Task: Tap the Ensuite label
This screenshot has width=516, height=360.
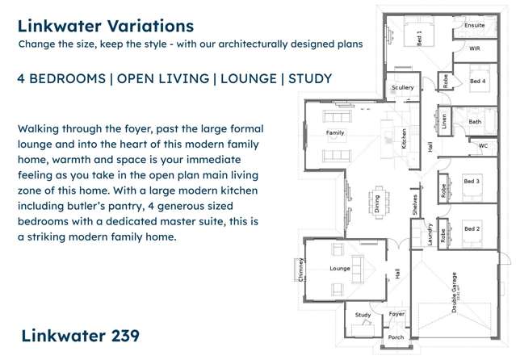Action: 475,26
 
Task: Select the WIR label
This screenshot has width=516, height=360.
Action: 476,49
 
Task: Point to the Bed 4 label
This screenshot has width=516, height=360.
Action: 477,82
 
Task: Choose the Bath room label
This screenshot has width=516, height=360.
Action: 475,122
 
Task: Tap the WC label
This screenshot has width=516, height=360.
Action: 483,146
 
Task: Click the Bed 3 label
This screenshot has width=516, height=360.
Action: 472,182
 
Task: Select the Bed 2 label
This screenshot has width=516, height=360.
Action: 472,229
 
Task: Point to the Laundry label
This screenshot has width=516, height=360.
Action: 430,235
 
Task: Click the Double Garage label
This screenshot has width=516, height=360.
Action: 454,292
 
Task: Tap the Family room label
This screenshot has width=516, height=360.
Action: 334,132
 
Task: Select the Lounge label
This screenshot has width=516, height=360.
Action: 338,268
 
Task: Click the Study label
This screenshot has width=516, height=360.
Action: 363,315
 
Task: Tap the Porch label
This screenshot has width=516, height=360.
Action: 396,337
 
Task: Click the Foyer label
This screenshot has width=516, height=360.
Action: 396,313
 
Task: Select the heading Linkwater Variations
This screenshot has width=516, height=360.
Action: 105,27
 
